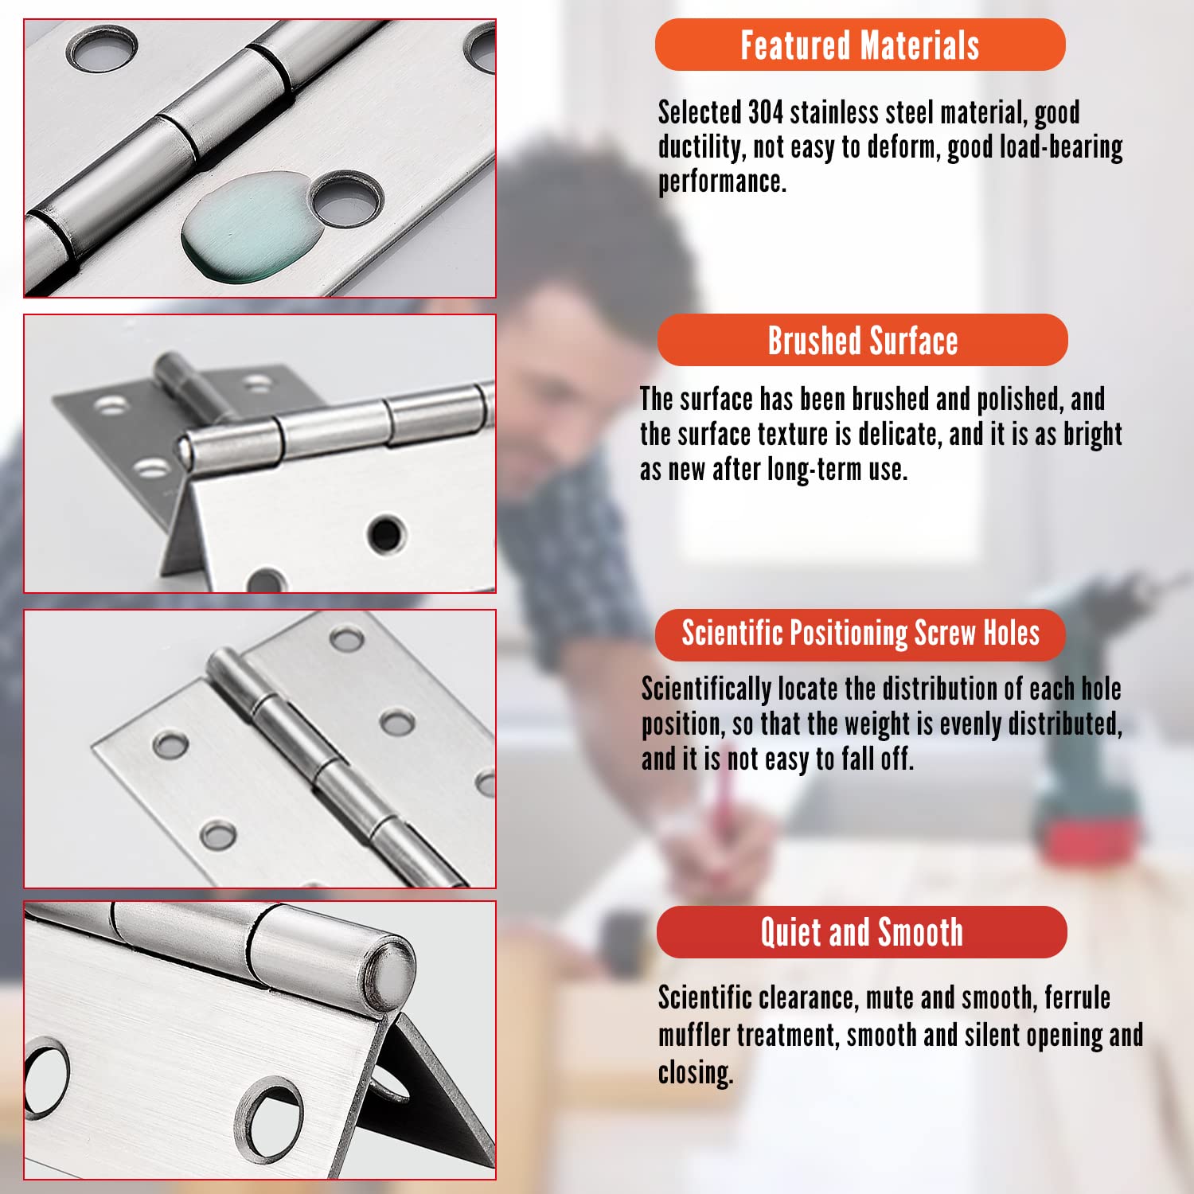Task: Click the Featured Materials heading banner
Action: (860, 45)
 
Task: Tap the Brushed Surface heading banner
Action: (862, 340)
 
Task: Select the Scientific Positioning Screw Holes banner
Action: (860, 634)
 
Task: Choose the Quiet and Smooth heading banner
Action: (861, 931)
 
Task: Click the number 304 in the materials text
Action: (766, 112)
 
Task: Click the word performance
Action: (721, 182)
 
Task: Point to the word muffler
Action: (693, 1036)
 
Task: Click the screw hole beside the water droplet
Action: (345, 197)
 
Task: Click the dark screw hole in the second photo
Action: (387, 534)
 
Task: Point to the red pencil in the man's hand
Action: (724, 796)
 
